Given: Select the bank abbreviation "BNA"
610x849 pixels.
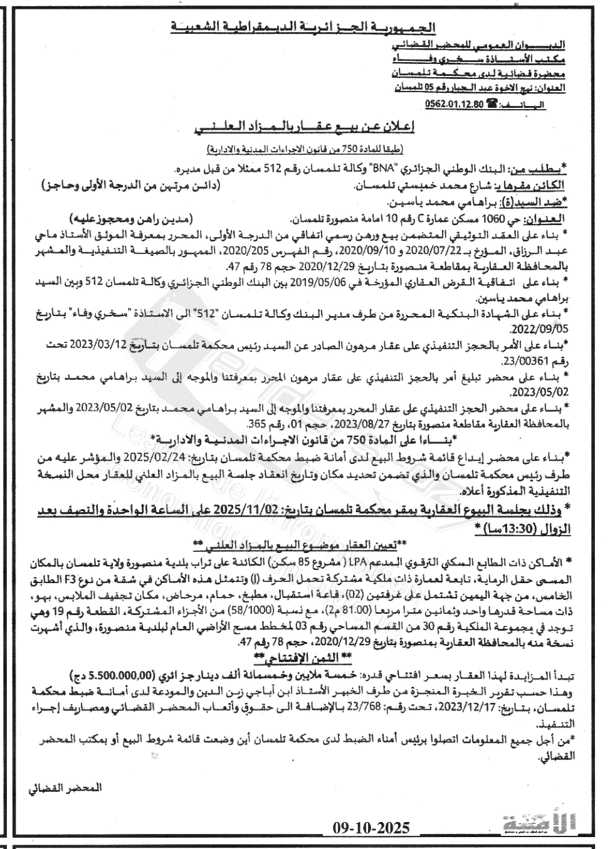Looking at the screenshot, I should (x=382, y=169).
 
